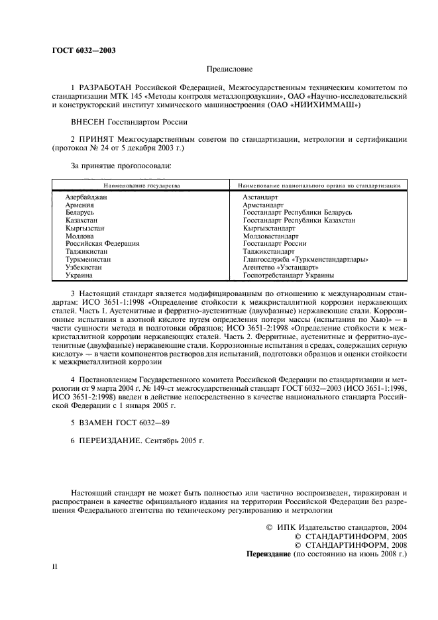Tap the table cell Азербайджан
(x=86, y=198)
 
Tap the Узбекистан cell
(x=83, y=267)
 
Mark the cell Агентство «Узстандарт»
(x=279, y=267)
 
